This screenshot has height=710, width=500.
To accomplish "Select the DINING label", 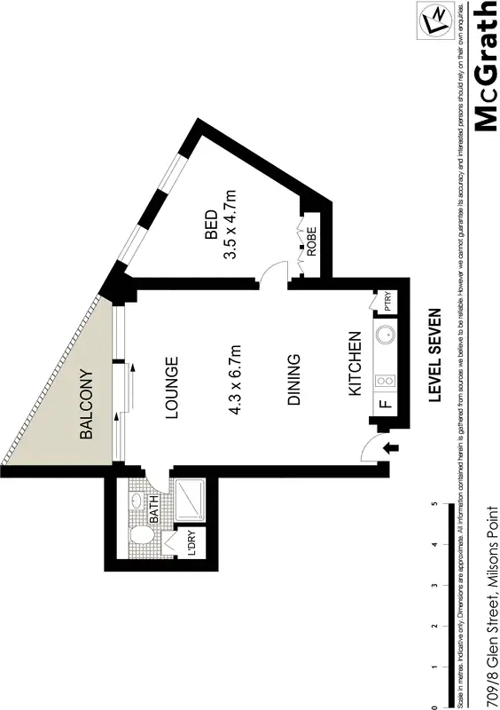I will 295,381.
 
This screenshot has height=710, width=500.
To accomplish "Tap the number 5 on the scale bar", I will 434,503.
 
